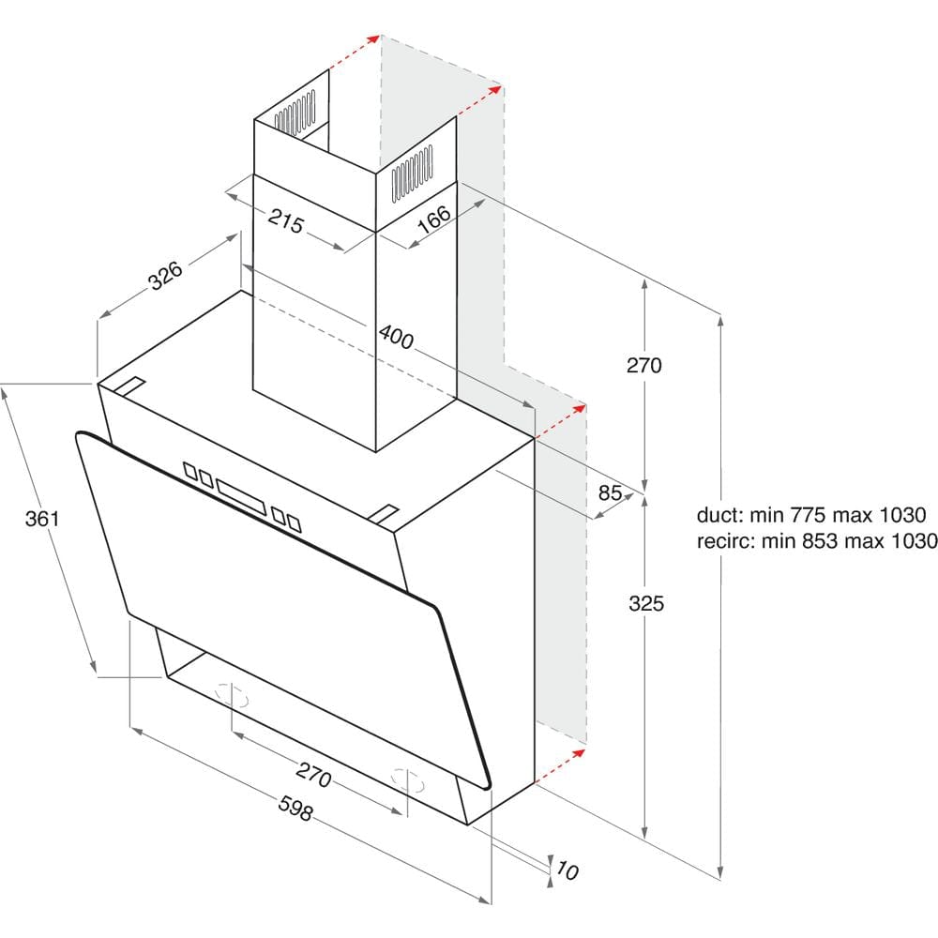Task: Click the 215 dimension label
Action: click(286, 220)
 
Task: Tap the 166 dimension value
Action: click(434, 219)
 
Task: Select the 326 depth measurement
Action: click(166, 276)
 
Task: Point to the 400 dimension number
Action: click(396, 337)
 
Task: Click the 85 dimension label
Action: click(611, 492)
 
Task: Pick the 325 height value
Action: click(646, 603)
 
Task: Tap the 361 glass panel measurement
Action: click(42, 518)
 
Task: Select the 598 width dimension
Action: click(295, 808)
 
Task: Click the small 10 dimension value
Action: click(567, 870)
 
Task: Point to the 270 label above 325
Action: click(644, 365)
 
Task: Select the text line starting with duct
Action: click(811, 514)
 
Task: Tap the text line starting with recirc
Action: click(817, 541)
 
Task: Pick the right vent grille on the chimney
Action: click(412, 173)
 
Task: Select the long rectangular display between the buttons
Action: click(241, 496)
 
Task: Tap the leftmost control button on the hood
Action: click(190, 470)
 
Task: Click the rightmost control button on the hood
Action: click(294, 523)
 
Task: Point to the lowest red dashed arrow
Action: click(560, 765)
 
